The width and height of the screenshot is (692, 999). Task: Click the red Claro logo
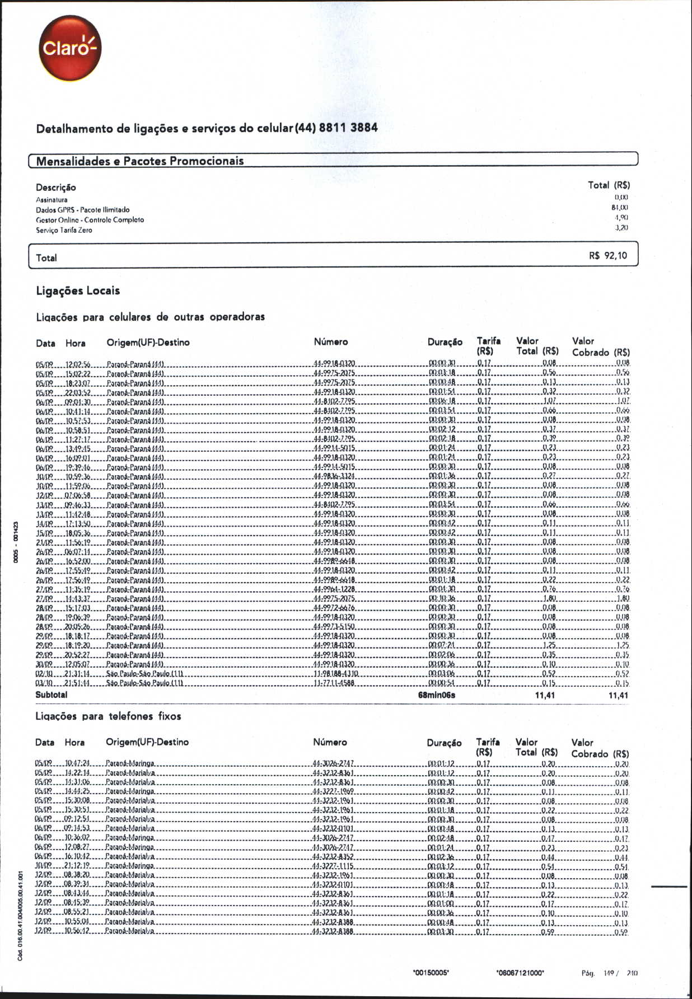click(x=70, y=48)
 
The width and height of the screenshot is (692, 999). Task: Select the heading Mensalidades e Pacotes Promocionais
click(x=140, y=161)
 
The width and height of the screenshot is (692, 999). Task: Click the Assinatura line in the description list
click(x=52, y=200)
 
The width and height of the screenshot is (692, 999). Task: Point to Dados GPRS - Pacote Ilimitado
click(x=82, y=210)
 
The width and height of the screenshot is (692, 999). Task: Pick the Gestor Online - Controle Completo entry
click(x=90, y=220)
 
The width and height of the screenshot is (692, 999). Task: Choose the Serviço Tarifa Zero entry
click(x=64, y=230)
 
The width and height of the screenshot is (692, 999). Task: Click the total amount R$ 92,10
click(x=608, y=256)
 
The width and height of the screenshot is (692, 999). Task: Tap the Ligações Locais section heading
click(x=78, y=291)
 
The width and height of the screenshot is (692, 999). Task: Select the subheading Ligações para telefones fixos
click(x=108, y=716)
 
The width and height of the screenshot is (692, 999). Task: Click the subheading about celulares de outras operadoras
click(x=150, y=317)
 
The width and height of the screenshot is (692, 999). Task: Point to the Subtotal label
click(x=51, y=695)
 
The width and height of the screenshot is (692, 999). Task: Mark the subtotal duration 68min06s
click(x=437, y=695)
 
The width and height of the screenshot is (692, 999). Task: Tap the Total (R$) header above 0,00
click(x=609, y=185)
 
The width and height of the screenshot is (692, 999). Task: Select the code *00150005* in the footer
click(x=431, y=973)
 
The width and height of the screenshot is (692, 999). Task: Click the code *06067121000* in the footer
click(x=520, y=973)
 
